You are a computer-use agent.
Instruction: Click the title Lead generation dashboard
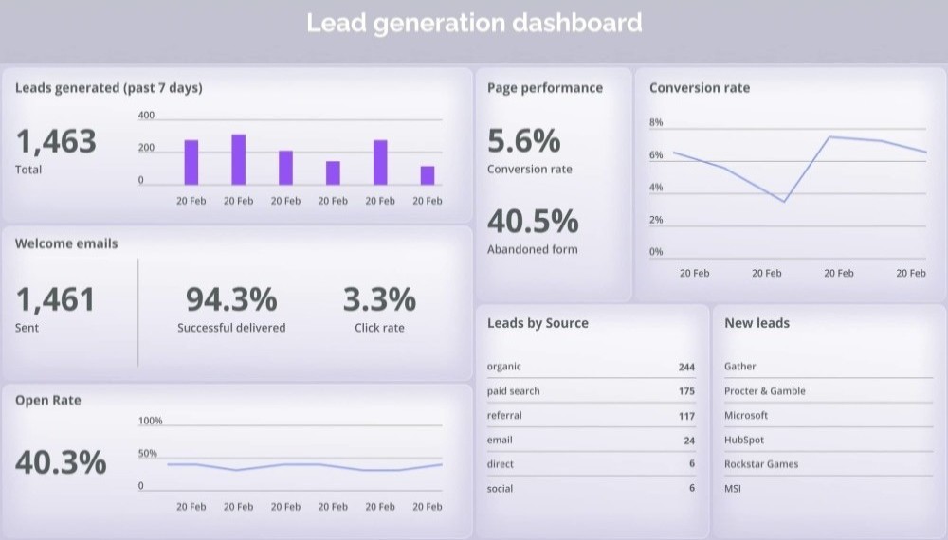click(474, 23)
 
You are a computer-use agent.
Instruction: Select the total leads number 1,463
click(57, 142)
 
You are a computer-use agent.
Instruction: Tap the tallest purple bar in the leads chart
click(238, 159)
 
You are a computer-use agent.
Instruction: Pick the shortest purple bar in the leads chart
click(428, 175)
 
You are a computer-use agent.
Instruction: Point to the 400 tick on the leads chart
click(147, 116)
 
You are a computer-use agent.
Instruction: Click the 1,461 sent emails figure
click(56, 300)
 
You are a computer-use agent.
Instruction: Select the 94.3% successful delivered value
click(231, 300)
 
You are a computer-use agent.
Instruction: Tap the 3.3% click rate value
click(379, 300)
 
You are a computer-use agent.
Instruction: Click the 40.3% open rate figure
click(61, 462)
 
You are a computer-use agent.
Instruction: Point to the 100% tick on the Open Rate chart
click(151, 421)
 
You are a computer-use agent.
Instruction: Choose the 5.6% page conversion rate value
click(524, 141)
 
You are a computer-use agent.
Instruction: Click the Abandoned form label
click(532, 249)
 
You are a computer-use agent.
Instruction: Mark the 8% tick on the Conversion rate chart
click(656, 123)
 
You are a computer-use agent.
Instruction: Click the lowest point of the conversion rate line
click(784, 201)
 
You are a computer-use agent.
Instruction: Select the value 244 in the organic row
click(686, 367)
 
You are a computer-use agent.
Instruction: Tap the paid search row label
click(514, 391)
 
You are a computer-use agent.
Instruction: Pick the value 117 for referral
click(686, 416)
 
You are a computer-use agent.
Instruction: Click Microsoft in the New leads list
click(746, 416)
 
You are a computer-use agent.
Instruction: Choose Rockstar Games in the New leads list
click(761, 464)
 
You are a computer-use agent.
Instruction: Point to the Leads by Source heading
click(538, 323)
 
